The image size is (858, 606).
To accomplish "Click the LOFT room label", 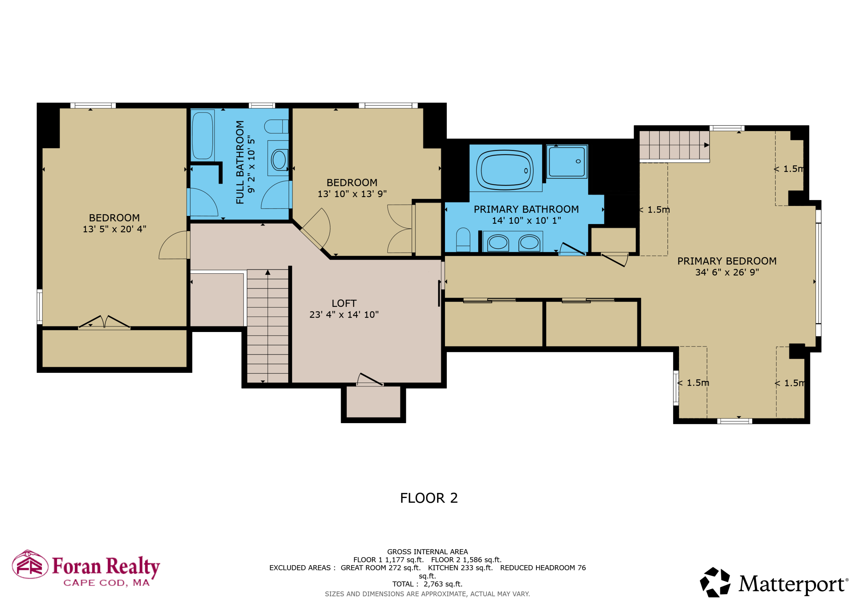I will (344, 303).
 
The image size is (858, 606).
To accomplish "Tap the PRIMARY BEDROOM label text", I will (727, 261).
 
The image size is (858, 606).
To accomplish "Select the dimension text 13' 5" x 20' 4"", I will (114, 229).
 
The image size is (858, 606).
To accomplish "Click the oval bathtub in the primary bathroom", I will (505, 170).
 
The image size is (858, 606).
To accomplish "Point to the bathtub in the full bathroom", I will (202, 135).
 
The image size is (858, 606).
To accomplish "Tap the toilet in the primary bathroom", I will (463, 240).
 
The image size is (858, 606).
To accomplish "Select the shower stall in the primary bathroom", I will (567, 162).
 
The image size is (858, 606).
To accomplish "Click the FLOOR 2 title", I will (429, 498).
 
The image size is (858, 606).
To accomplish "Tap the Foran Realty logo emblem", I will (30, 564).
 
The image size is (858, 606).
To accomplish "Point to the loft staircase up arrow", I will (268, 273).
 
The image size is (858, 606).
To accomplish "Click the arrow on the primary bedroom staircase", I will (706, 145).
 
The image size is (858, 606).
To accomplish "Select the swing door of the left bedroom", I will (174, 245).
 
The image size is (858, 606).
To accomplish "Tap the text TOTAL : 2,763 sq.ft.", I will (427, 584).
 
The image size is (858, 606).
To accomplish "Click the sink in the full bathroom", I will (279, 160).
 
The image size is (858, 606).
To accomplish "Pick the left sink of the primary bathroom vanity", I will (498, 243).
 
